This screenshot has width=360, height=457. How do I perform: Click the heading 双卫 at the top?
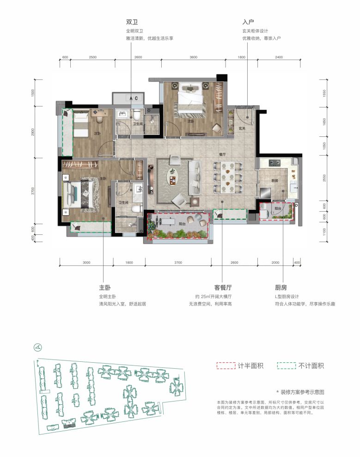tap(133, 22)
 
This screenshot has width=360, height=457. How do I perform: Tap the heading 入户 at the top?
tap(249, 22)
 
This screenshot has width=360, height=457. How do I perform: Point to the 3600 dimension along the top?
tap(193, 57)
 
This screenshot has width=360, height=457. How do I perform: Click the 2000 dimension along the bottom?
tap(275, 262)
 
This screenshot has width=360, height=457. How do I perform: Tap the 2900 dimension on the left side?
tap(33, 132)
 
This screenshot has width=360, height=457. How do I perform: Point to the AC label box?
tap(134, 98)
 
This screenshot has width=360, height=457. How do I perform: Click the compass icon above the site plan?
tap(37, 347)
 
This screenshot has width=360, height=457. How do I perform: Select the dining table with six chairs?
tap(226, 177)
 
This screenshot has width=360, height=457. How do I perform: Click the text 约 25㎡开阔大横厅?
tap(213, 297)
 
